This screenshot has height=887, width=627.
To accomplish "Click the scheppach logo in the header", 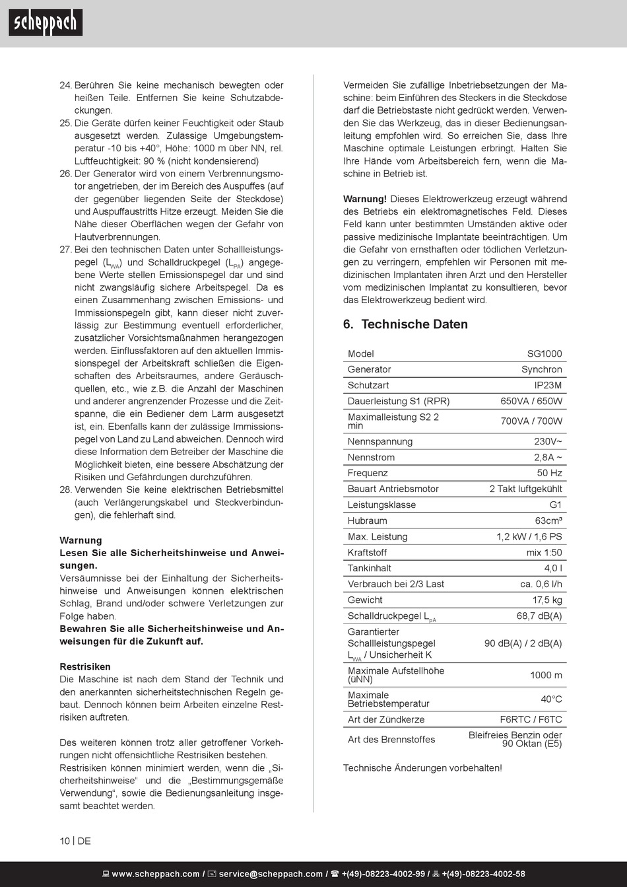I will tap(46, 23).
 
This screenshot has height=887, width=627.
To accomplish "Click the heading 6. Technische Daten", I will tap(405, 324).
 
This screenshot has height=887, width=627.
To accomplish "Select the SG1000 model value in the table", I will tap(544, 354).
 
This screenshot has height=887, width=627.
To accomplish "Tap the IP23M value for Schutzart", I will tap(548, 386).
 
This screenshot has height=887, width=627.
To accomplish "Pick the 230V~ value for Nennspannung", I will tap(548, 442).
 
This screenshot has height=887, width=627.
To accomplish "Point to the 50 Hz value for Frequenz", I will tap(549, 474).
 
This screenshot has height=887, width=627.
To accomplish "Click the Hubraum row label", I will tap(367, 521).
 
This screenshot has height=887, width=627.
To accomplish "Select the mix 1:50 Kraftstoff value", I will tap(544, 553).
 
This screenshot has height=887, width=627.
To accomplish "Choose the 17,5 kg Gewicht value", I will tap(547, 600).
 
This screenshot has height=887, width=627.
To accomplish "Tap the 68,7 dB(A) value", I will tap(539, 616).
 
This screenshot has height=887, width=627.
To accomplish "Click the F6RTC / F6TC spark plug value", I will tap(531, 720).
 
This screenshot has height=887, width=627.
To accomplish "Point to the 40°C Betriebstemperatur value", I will tap(551, 699).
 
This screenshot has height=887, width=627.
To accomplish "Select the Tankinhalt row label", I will tap(369, 569).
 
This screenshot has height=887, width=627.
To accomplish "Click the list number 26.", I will tap(65, 174).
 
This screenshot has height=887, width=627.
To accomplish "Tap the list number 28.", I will tap(65, 490).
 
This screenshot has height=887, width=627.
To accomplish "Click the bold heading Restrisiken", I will tap(85, 667).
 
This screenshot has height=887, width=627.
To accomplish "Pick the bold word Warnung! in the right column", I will tap(365, 199).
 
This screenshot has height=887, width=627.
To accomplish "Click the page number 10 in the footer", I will tap(65, 841).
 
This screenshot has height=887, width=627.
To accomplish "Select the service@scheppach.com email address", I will tap(271, 874).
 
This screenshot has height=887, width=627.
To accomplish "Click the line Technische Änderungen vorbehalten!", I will tap(422, 768).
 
